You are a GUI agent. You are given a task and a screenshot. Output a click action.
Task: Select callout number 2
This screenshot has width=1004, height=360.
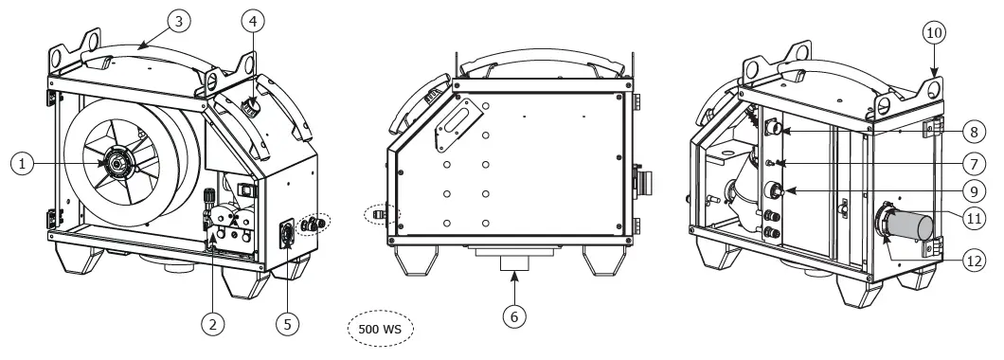214,323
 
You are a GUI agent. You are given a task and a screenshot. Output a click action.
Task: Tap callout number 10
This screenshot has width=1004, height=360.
934,32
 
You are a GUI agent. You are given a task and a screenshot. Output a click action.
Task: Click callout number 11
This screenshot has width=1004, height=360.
974,217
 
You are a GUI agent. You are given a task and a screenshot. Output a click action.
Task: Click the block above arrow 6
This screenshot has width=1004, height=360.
513,257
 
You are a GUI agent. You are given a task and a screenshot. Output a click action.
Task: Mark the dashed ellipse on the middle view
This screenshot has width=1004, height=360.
383,214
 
